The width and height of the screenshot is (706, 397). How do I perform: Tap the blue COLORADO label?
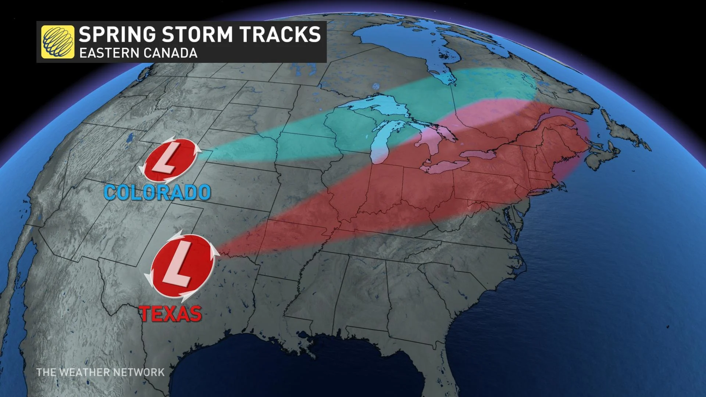pos(157,192)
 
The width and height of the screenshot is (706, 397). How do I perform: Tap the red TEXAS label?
pos(171,314)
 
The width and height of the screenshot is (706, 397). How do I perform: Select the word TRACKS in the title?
pos(280,34)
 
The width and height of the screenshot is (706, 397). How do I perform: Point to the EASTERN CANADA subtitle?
pos(139,53)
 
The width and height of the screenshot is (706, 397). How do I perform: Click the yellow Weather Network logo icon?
pos(57,42)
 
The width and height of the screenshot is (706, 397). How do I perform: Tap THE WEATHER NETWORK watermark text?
pos(100,372)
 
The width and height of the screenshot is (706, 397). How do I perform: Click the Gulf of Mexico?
pos(294,371)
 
